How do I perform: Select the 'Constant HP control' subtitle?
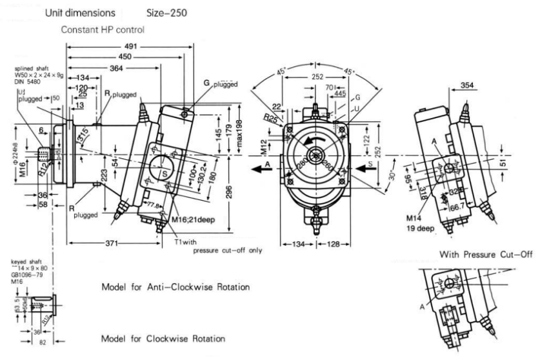tap(103, 30)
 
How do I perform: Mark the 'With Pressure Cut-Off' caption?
tap(486, 255)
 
